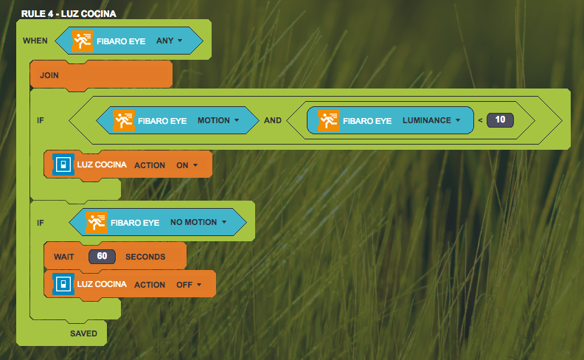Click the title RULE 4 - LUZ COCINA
tap(69, 13)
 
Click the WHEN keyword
tap(35, 41)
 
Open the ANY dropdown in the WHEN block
tap(169, 41)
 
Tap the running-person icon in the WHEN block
tap(83, 41)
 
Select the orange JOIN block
tap(49, 75)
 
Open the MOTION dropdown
tap(218, 120)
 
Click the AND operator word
tap(273, 120)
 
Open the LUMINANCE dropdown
tap(431, 120)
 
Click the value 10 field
tap(500, 120)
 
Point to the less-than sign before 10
tap(480, 120)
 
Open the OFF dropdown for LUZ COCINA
tap(189, 284)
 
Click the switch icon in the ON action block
tap(63, 165)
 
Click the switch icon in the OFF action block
tap(63, 284)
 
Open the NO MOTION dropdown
tap(198, 222)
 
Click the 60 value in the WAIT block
tap(102, 257)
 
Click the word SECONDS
tap(145, 257)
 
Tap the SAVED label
tap(83, 333)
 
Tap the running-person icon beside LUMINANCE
tap(329, 120)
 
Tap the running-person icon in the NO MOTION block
tap(97, 222)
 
